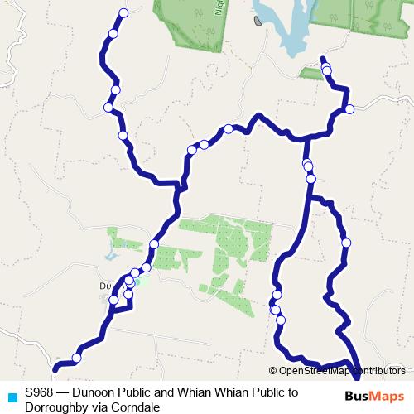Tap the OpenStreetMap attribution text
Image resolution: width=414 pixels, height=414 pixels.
pos(340,371)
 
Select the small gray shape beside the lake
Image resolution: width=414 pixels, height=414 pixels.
pos(259,19)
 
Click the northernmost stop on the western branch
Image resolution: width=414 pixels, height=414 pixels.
pos(123,12)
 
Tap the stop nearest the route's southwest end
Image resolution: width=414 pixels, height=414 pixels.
pos(76,358)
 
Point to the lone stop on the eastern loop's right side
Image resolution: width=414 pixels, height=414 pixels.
pos(346,243)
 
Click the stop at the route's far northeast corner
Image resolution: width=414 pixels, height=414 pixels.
pos(349,109)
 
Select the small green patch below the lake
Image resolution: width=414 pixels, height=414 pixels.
pos(311,74)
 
